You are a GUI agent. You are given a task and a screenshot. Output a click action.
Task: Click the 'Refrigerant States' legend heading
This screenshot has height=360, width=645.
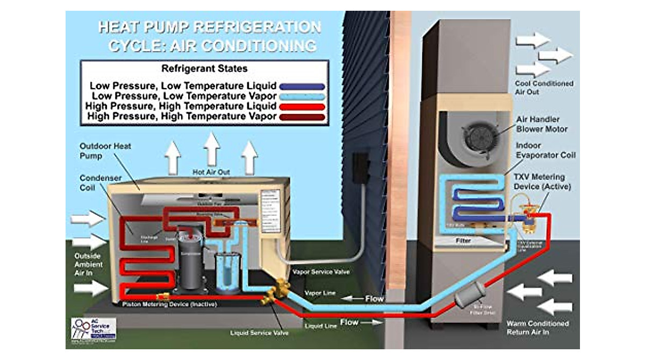click(x=204, y=69)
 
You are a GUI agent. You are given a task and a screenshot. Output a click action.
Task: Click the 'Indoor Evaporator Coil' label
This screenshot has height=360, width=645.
click(x=545, y=150)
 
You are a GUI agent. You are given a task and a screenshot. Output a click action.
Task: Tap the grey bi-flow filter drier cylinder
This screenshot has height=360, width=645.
click(x=467, y=295)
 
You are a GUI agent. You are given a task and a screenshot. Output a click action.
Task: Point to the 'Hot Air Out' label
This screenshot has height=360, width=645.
click(x=211, y=172)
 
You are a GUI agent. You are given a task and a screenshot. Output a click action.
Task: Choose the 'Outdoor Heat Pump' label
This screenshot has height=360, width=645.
click(x=105, y=150)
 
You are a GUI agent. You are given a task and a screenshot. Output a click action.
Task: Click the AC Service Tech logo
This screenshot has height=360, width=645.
click(x=93, y=328)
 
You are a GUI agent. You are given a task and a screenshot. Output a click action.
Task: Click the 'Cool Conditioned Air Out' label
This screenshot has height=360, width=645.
click(x=536, y=88)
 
